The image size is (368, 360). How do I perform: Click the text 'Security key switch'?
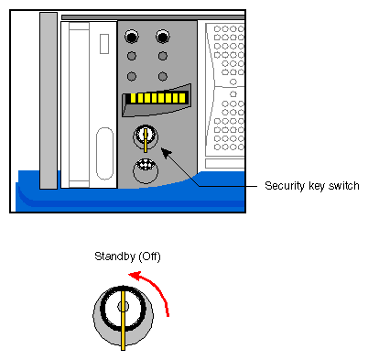coord(311,186)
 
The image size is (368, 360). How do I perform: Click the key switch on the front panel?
coord(146,138)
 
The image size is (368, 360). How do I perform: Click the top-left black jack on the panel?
coord(133,38)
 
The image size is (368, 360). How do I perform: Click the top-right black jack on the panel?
coord(163,38)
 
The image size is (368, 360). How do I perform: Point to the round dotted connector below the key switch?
coord(146,170)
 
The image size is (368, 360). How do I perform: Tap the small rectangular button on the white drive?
coord(104,42)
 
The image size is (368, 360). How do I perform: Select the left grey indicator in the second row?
coord(133,58)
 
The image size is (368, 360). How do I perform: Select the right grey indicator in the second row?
coord(163,58)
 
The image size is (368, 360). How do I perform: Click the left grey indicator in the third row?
coord(133,76)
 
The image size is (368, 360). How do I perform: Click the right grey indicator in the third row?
coord(163,76)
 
